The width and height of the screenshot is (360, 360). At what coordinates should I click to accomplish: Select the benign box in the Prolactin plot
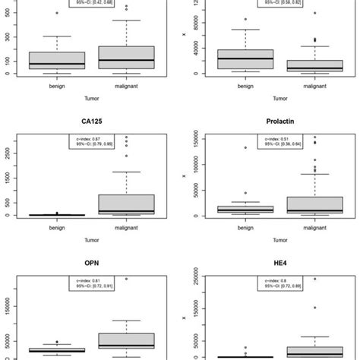coord(235,209)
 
